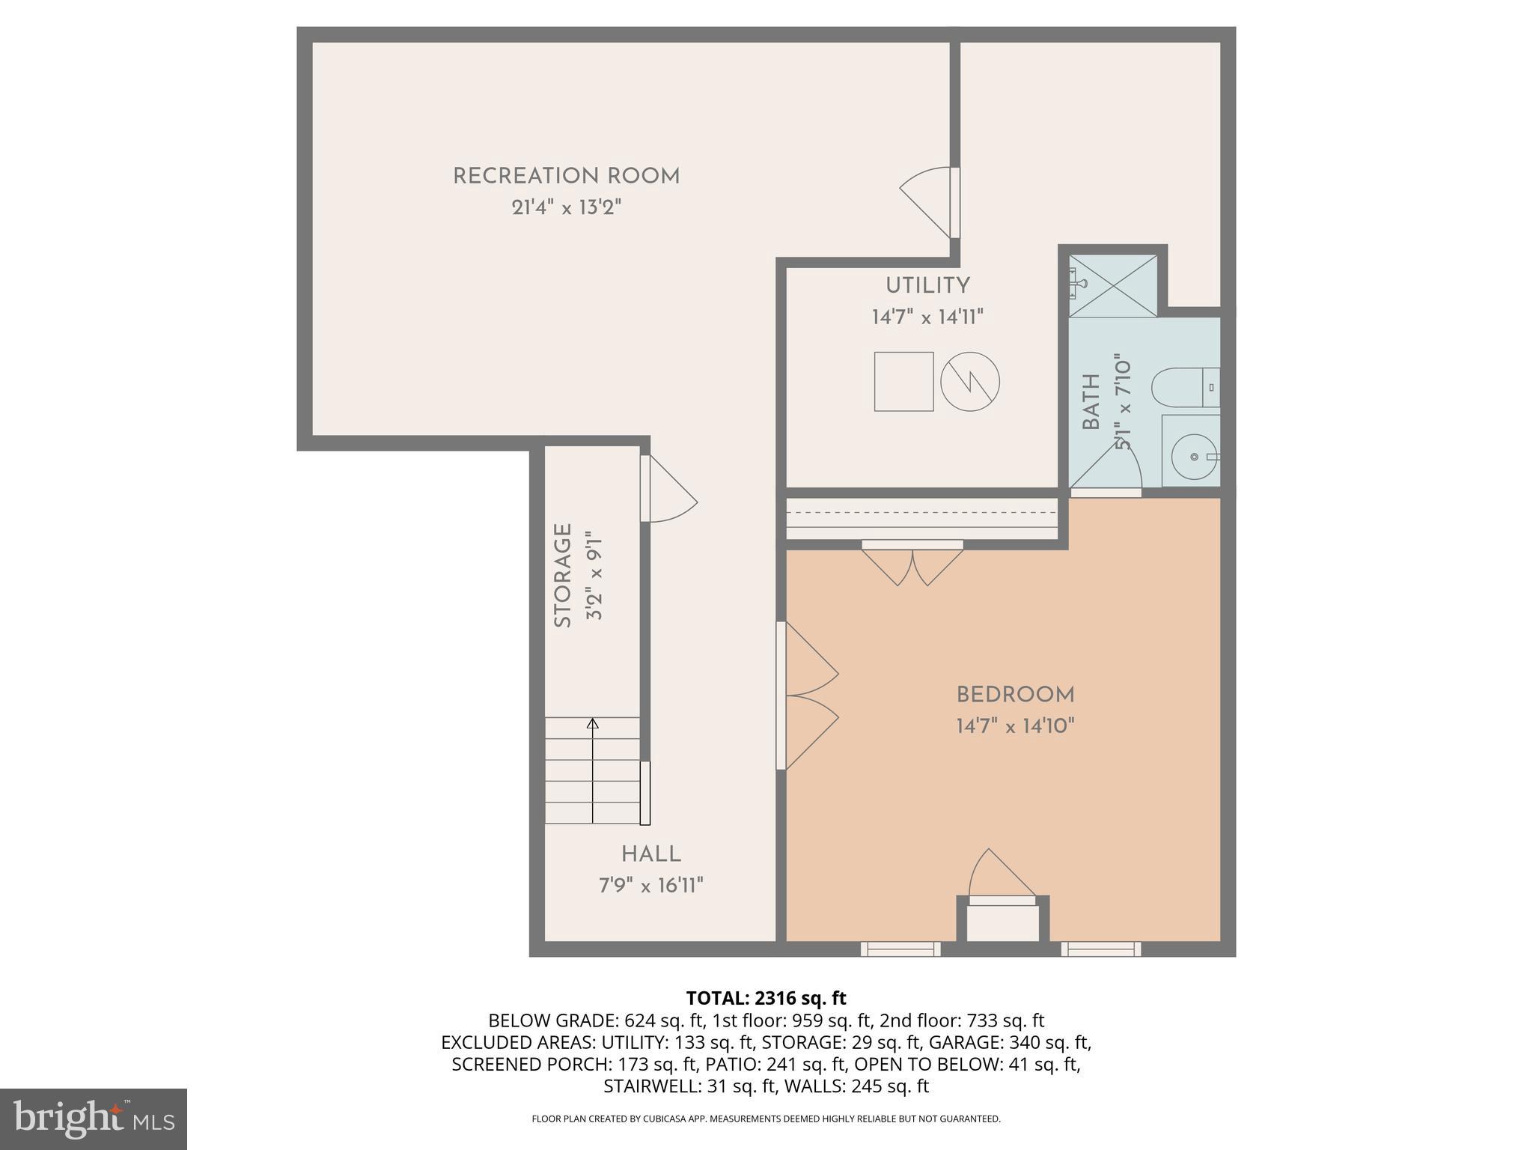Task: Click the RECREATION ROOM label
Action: pyautogui.click(x=566, y=177)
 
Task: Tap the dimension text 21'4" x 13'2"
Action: pyautogui.click(x=566, y=207)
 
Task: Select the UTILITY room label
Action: pyautogui.click(x=927, y=285)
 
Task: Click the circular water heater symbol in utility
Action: pyautogui.click(x=969, y=381)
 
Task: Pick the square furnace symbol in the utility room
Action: pyautogui.click(x=903, y=381)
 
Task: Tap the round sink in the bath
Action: pyautogui.click(x=1190, y=456)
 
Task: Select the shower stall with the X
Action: pyautogui.click(x=1112, y=285)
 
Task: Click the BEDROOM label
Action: pyautogui.click(x=1015, y=695)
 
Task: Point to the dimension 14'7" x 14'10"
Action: pyautogui.click(x=1015, y=726)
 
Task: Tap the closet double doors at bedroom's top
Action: pyautogui.click(x=912, y=563)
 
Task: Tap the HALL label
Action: pyautogui.click(x=650, y=854)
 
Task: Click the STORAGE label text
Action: pyautogui.click(x=563, y=575)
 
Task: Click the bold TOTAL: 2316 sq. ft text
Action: pyautogui.click(x=766, y=998)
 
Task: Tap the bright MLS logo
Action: pyautogui.click(x=93, y=1119)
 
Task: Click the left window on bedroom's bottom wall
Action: pyautogui.click(x=900, y=949)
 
